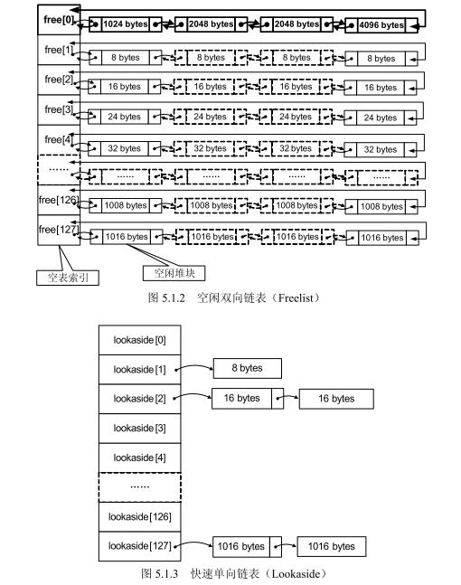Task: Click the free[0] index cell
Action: [59, 20]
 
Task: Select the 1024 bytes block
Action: [126, 24]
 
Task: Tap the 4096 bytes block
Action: [381, 25]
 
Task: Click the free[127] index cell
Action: [59, 230]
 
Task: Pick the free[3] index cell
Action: [59, 109]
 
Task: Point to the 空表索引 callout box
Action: [68, 278]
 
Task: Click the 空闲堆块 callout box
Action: [174, 273]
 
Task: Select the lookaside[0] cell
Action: [140, 340]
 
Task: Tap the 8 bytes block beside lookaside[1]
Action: [248, 368]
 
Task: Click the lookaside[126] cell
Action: [140, 516]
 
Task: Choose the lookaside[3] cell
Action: [140, 429]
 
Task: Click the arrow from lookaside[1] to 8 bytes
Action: [194, 366]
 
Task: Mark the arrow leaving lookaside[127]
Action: [193, 543]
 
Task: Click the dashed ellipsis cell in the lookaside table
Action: [140, 487]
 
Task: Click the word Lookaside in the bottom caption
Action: [296, 573]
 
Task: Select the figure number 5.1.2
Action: [174, 298]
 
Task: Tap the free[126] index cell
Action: [59, 200]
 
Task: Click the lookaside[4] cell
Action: [140, 458]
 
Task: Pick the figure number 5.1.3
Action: [166, 573]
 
